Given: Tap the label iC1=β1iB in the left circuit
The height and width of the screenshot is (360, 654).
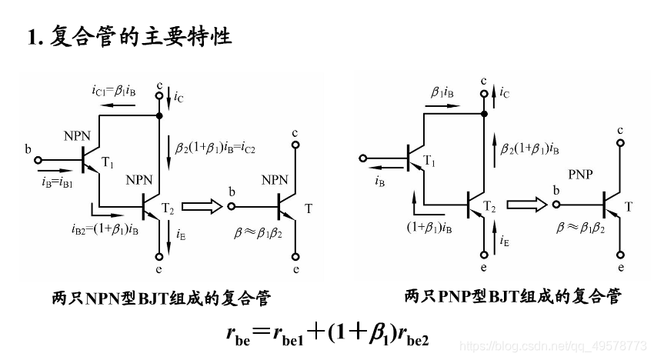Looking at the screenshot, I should (114, 91).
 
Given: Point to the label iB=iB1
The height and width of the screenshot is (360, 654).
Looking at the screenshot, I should (53, 184).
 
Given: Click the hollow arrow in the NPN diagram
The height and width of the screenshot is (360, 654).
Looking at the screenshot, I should (202, 205).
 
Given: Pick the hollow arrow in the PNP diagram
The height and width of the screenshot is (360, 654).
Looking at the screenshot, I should (528, 204).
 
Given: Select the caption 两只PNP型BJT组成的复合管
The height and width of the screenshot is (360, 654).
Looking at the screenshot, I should (512, 296).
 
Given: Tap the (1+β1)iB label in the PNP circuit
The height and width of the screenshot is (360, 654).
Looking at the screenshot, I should (429, 227).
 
